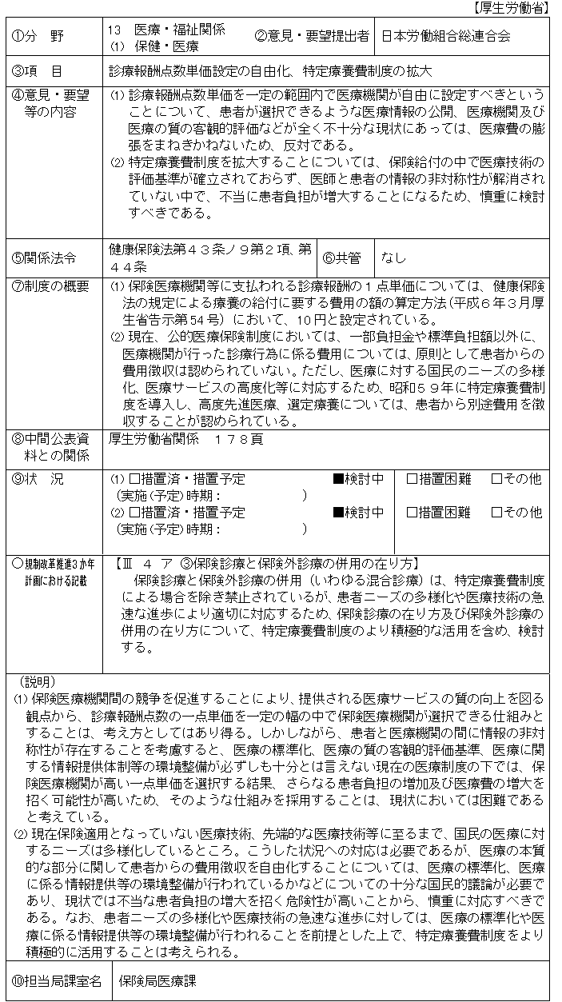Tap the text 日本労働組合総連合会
(x=445, y=36)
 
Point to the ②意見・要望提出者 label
(x=312, y=36)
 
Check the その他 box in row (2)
(x=496, y=512)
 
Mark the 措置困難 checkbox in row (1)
(x=413, y=479)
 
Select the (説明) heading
(x=35, y=681)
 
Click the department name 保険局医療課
(x=158, y=980)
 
